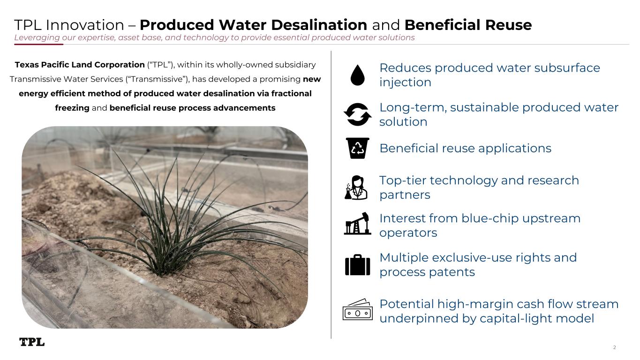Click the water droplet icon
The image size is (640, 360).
pyautogui.click(x=357, y=75)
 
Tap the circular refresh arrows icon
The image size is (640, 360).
pyautogui.click(x=357, y=114)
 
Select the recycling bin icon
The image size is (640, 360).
pyautogui.click(x=357, y=148)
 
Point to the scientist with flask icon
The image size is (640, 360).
pyautogui.click(x=356, y=187)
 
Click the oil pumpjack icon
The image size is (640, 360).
pyautogui.click(x=357, y=224)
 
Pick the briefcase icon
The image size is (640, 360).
pyautogui.click(x=357, y=265)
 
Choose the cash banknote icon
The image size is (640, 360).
pyautogui.click(x=357, y=309)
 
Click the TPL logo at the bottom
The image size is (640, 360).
pyautogui.click(x=32, y=342)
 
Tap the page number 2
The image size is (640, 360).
pyautogui.click(x=615, y=347)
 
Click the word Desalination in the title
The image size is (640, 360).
pyautogui.click(x=319, y=25)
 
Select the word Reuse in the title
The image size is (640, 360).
pyautogui.click(x=508, y=25)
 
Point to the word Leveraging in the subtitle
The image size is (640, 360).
pyautogui.click(x=37, y=37)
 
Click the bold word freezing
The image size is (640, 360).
pyautogui.click(x=72, y=108)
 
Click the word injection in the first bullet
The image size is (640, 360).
pyautogui.click(x=405, y=82)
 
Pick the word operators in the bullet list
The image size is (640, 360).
pyautogui.click(x=408, y=233)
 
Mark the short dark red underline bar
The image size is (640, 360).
pyautogui.click(x=38, y=44)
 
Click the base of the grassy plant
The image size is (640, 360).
pyautogui.click(x=161, y=271)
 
